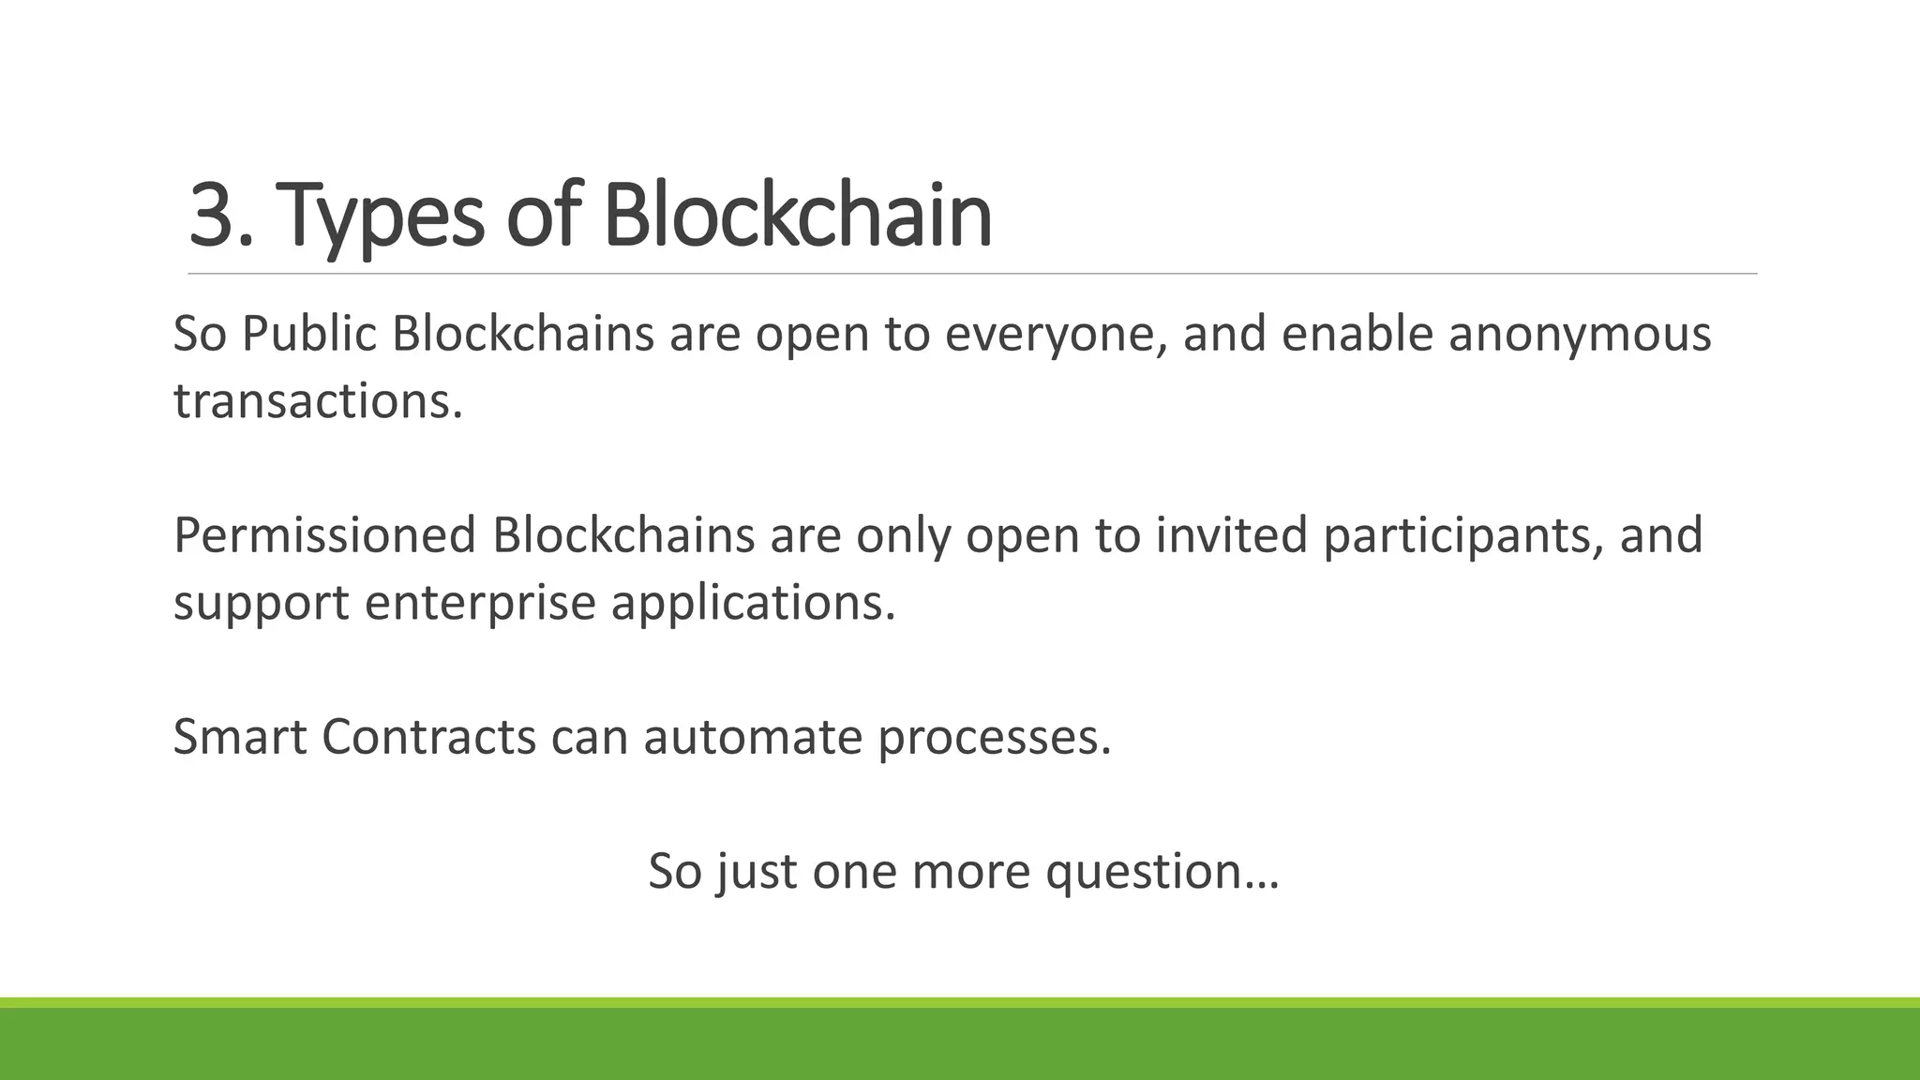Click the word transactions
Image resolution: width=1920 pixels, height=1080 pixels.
[x=318, y=401]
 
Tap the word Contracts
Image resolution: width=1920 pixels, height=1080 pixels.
[x=428, y=737]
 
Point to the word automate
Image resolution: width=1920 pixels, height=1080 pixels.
[x=752, y=737]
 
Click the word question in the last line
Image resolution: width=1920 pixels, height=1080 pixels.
[x=1162, y=872]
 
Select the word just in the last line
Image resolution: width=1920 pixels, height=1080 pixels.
[x=756, y=872]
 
